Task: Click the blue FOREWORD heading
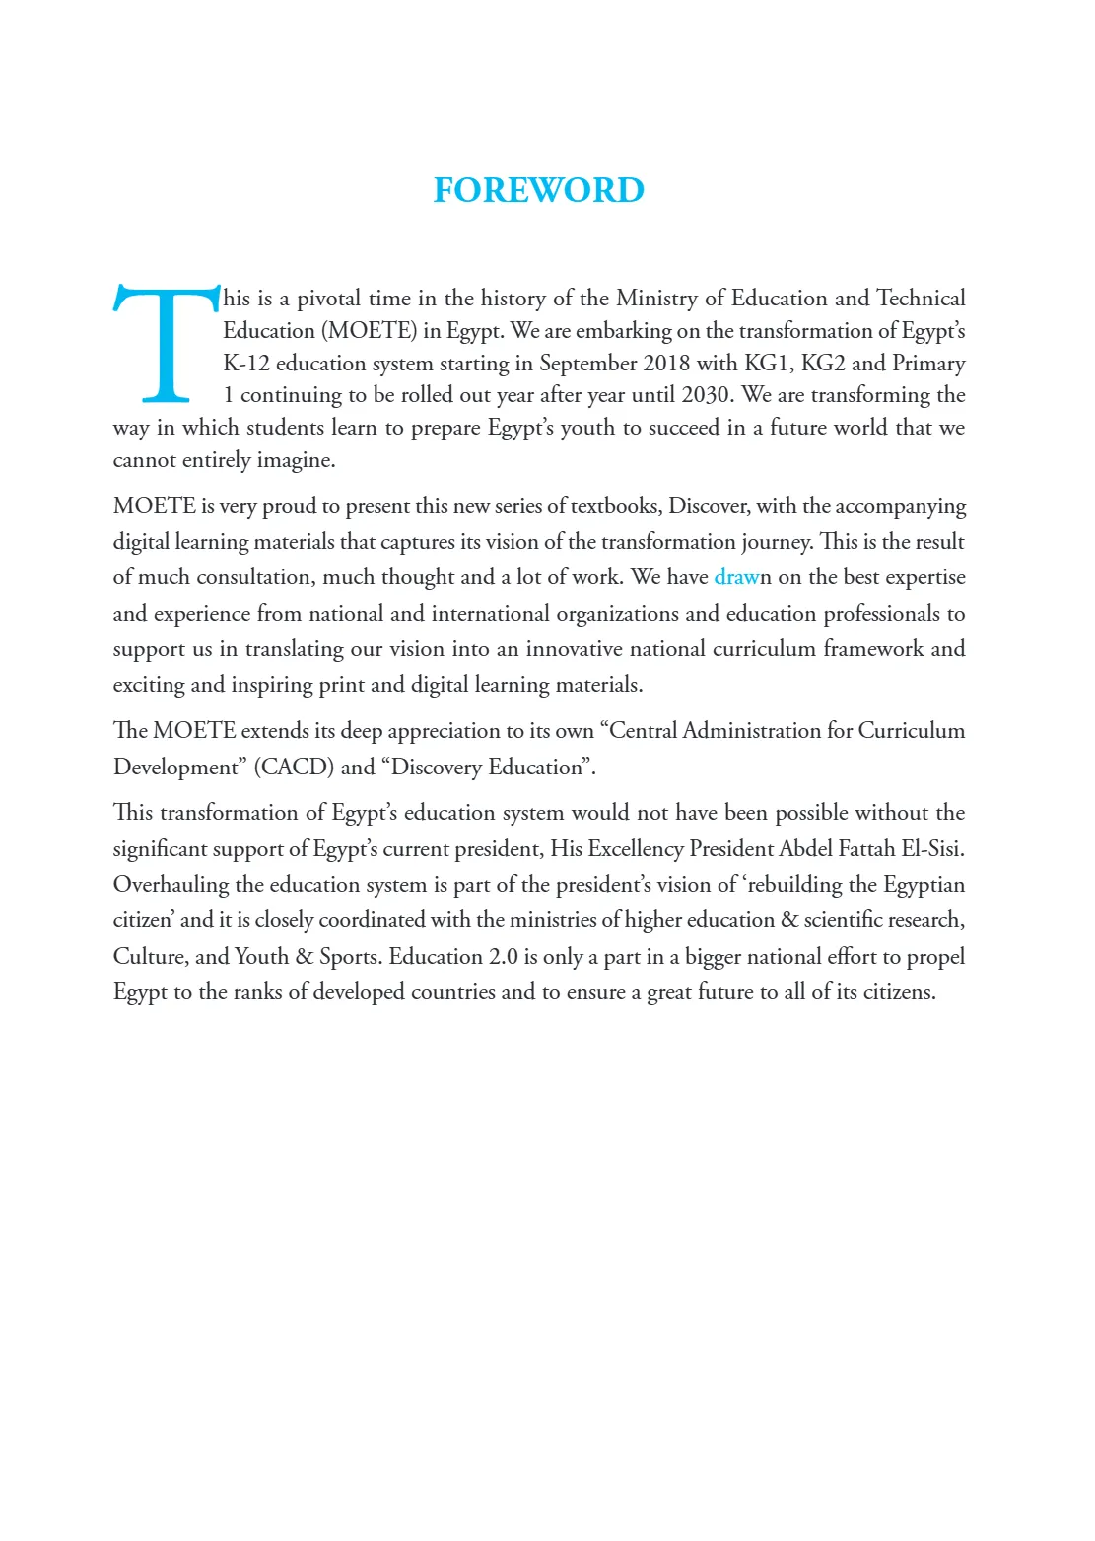coord(538,190)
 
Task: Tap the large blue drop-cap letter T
coord(167,344)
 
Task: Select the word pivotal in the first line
coord(328,299)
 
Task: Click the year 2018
coord(666,364)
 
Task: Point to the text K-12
coord(246,364)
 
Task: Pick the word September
coord(587,364)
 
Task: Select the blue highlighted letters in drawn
coord(736,577)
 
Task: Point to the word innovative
coord(577,649)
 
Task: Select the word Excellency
coord(636,849)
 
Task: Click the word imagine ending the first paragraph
coord(295,461)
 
